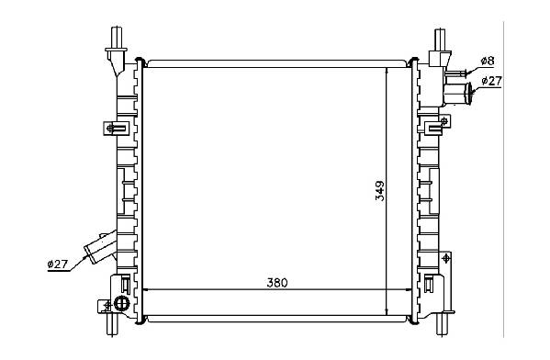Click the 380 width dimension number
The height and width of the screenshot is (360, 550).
pos(276,283)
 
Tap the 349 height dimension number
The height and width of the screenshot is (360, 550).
pos(380,191)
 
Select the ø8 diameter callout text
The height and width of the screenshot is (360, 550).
pos(488,61)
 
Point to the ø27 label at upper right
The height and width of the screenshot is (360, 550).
pos(492,81)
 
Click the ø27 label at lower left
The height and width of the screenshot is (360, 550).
pos(57,264)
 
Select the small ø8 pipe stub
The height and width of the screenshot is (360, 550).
pos(456,73)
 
